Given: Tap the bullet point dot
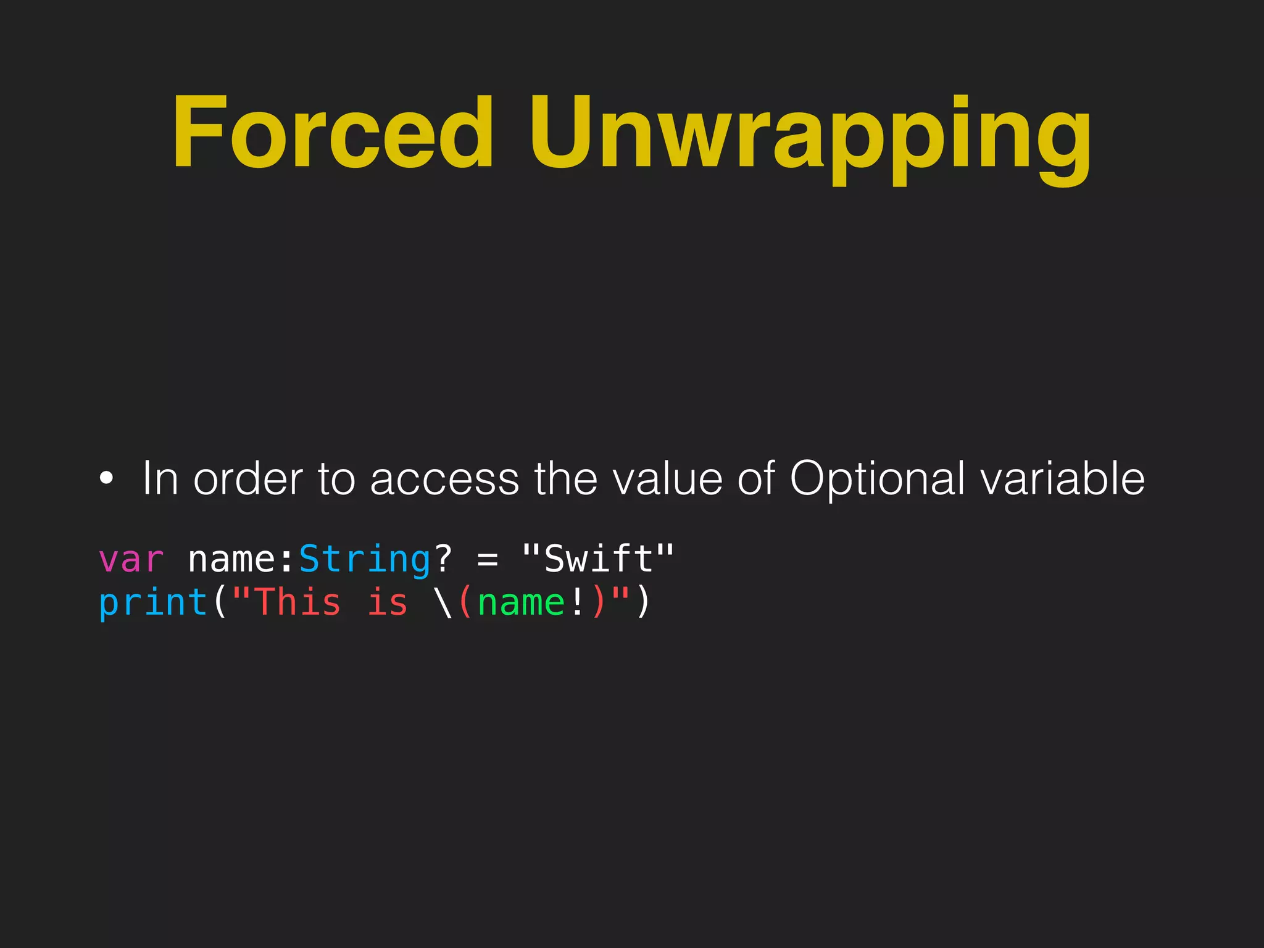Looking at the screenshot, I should (106, 478).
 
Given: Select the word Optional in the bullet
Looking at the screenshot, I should (877, 480).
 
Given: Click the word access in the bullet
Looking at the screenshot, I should (444, 480).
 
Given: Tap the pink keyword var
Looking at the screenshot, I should (131, 559).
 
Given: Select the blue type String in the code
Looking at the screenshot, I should (365, 559).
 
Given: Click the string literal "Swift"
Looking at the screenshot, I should (597, 559).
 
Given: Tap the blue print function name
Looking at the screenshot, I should (153, 603).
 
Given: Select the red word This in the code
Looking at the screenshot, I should (297, 603).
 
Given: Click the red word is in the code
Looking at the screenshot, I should (388, 603).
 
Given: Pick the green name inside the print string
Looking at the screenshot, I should (521, 603).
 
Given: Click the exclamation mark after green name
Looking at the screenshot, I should (577, 603).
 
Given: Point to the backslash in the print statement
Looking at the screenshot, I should (443, 603).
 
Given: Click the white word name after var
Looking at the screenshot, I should (231, 559).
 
